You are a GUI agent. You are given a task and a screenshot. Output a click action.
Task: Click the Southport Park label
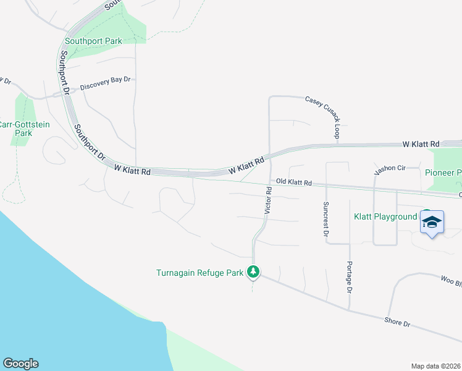[x=93, y=41]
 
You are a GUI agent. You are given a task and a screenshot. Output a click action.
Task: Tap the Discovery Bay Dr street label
[x=106, y=80]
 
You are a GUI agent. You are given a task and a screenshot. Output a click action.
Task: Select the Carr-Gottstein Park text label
[x=24, y=129]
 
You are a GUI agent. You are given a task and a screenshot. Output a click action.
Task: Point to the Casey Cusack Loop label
[x=322, y=116]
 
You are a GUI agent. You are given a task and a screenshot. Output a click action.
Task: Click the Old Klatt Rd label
[x=294, y=182]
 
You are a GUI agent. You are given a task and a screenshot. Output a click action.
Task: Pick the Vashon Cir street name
[x=389, y=168]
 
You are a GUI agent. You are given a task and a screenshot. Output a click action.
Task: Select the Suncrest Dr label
[x=325, y=219]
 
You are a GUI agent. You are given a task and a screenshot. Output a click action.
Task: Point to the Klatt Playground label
[x=385, y=216]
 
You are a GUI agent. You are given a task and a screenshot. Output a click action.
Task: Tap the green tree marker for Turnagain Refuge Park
[x=253, y=271]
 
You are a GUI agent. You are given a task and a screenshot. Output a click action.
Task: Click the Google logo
[x=20, y=364]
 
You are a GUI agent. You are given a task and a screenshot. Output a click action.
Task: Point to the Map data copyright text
[x=435, y=365]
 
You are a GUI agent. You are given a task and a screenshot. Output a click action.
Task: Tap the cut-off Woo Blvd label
[x=450, y=281]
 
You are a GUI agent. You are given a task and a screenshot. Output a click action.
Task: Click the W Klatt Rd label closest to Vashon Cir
[x=421, y=143]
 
